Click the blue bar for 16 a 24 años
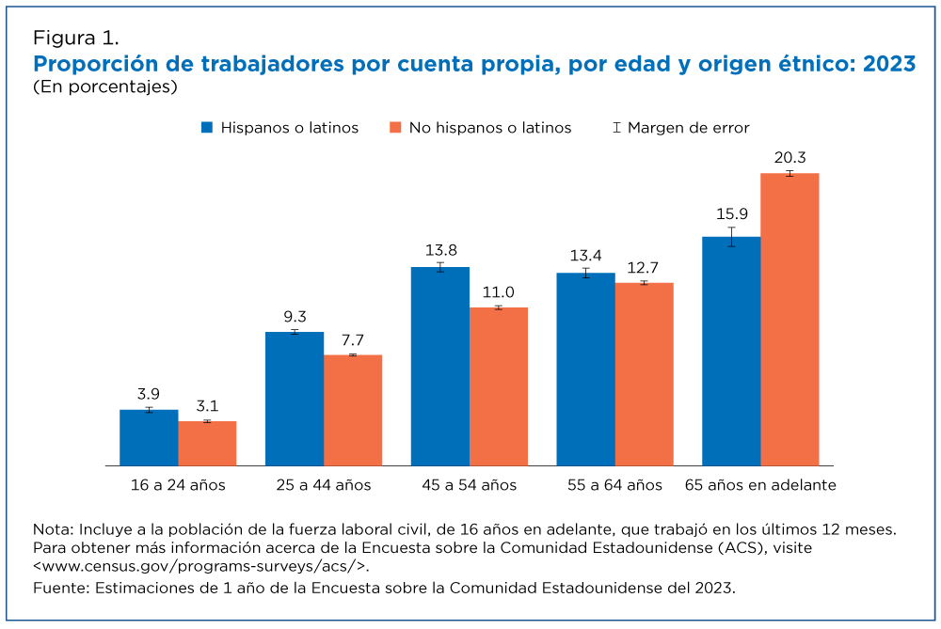(149, 438)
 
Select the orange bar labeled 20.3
(789, 320)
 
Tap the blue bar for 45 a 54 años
(440, 367)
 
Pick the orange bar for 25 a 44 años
(353, 410)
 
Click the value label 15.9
(732, 214)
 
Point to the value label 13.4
(585, 256)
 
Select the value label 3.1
(207, 406)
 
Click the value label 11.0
(499, 292)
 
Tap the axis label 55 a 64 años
(614, 485)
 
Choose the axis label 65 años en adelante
(760, 485)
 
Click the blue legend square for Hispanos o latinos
(207, 128)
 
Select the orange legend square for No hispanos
(395, 128)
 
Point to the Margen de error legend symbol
(616, 128)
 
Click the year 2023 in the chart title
(889, 64)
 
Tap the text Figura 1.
(75, 38)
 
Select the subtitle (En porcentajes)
(105, 86)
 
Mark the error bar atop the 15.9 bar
(731, 237)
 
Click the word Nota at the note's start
(53, 529)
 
